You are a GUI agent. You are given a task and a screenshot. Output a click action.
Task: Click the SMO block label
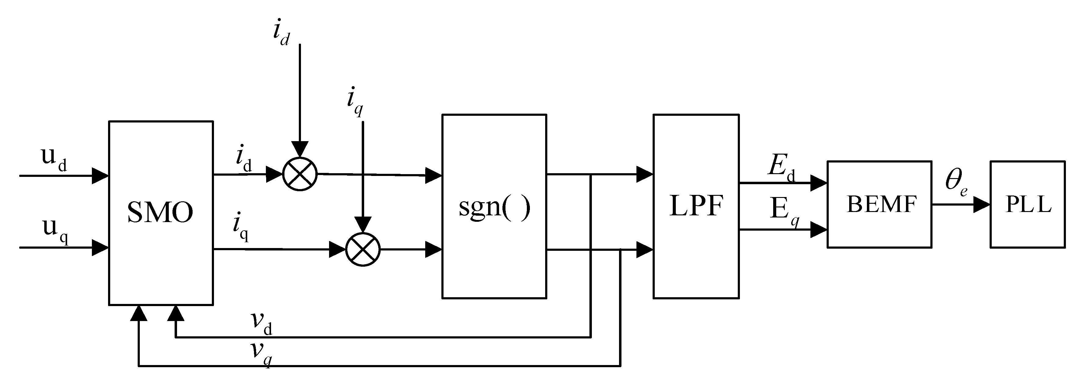[x=160, y=213]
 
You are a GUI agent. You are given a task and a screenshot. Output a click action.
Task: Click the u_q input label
[x=55, y=230]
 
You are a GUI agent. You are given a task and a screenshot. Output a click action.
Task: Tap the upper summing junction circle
[x=300, y=174]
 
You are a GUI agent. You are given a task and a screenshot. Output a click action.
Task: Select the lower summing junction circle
[x=363, y=249]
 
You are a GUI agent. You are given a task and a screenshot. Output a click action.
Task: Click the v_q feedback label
[x=261, y=353]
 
